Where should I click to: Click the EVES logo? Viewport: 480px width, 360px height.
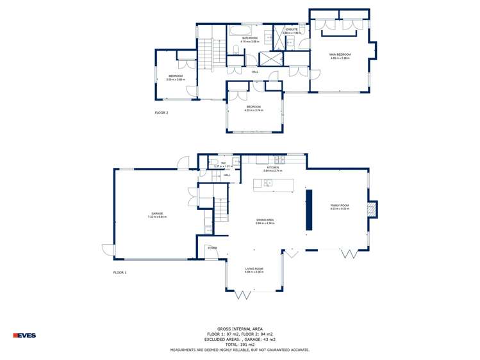point(25,335)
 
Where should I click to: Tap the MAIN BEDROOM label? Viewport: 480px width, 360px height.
point(340,55)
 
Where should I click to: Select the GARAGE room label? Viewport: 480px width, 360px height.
point(157,213)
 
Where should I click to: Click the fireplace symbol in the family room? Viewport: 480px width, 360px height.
point(370,209)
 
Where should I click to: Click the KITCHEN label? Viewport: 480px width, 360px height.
point(272,168)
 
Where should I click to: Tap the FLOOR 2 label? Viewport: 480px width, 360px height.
point(161,113)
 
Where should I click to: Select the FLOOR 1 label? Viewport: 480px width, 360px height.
point(120,272)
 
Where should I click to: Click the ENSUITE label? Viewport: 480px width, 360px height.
point(292,29)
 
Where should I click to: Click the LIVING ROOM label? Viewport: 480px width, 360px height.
point(254,269)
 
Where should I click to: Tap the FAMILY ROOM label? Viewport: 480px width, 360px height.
point(340,206)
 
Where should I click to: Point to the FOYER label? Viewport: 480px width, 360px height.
point(212,247)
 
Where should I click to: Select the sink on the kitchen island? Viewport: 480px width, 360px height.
point(269,184)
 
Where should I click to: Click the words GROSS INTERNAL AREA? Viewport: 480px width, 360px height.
point(240,327)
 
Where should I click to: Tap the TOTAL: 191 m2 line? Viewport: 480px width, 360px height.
point(240,344)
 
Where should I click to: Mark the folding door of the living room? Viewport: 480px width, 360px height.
point(243,295)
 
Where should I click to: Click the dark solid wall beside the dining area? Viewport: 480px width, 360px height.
point(308,209)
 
